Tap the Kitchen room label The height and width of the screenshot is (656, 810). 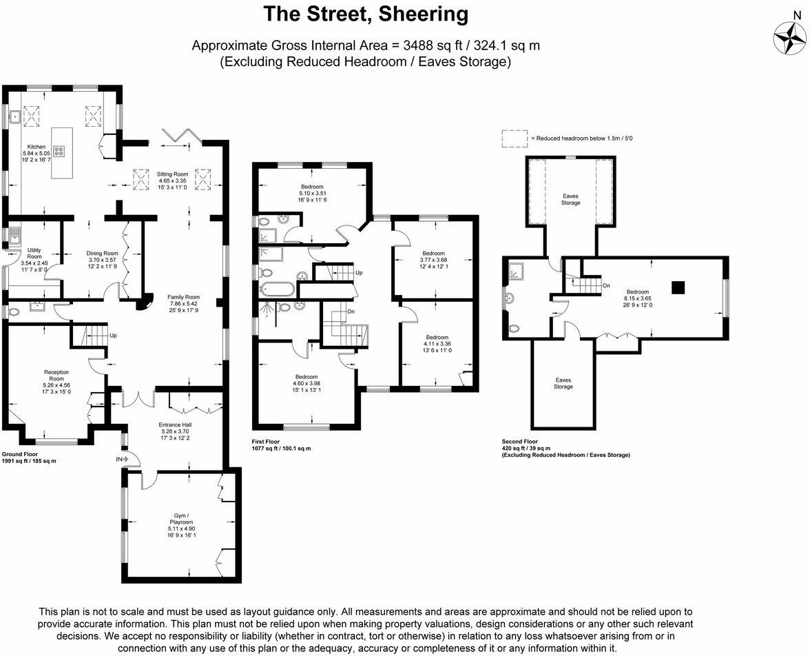[x=36, y=147]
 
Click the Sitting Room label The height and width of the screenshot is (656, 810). [x=172, y=174]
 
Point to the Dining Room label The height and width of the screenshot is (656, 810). [x=103, y=253]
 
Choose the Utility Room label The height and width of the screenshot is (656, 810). [x=34, y=252]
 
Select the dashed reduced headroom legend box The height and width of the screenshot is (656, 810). [x=514, y=138]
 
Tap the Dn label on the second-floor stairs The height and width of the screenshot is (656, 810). [x=606, y=285]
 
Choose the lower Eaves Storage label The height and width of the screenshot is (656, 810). [x=563, y=383]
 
